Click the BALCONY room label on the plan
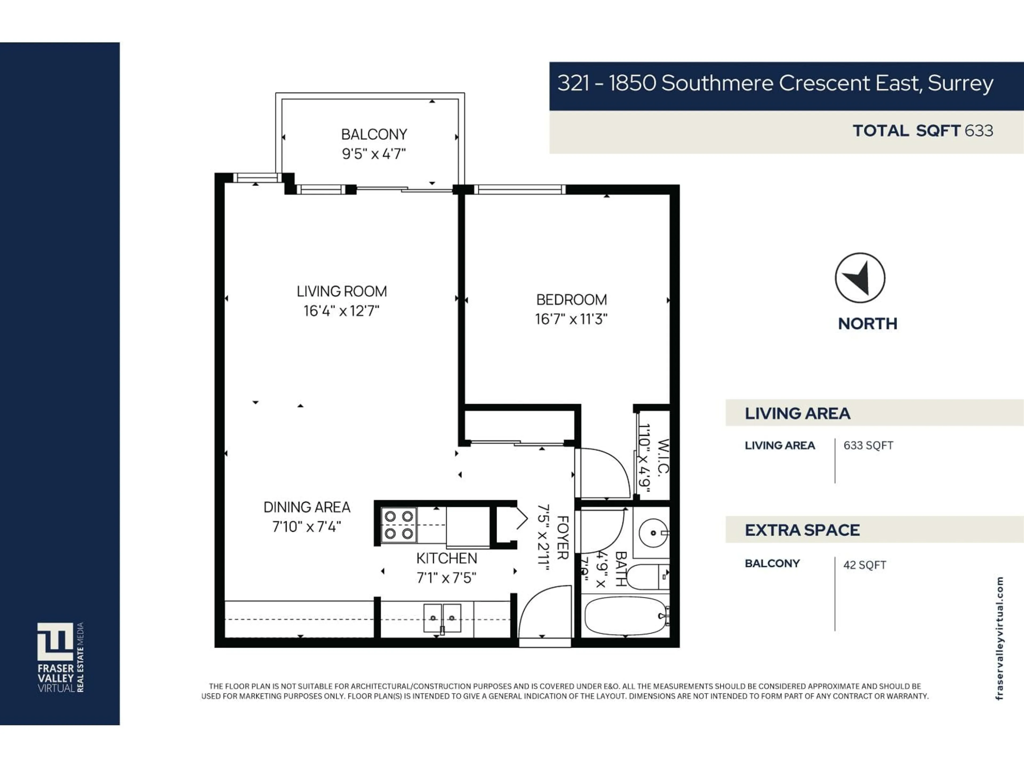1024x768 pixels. tap(374, 134)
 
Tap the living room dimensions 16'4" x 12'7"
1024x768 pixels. tap(341, 311)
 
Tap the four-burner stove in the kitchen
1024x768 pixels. tap(399, 525)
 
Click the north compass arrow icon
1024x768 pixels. tap(860, 278)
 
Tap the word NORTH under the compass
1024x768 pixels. tap(867, 323)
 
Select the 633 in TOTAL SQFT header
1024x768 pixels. tap(979, 131)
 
